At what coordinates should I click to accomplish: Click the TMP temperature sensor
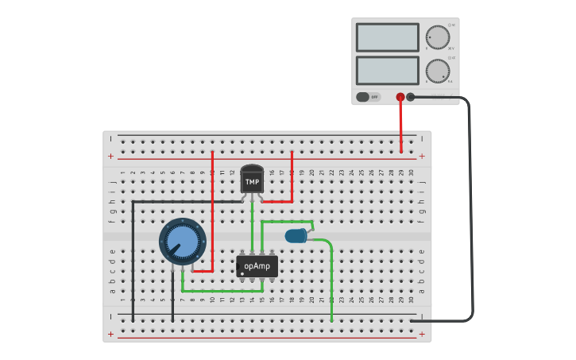tap(252, 180)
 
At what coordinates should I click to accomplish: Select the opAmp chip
tap(257, 266)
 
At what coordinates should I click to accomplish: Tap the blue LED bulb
tap(296, 235)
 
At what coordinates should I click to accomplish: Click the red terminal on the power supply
tap(400, 97)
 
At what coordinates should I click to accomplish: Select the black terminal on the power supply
tap(411, 97)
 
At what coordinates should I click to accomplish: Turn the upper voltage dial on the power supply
tap(437, 37)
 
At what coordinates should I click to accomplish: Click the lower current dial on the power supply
tap(437, 71)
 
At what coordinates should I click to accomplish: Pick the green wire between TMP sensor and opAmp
tap(253, 226)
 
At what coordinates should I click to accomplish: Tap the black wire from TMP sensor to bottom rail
tap(133, 254)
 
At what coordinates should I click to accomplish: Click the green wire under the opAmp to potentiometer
tap(222, 292)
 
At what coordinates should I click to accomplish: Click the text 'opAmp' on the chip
tap(257, 266)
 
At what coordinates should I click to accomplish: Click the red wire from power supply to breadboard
tap(400, 127)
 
